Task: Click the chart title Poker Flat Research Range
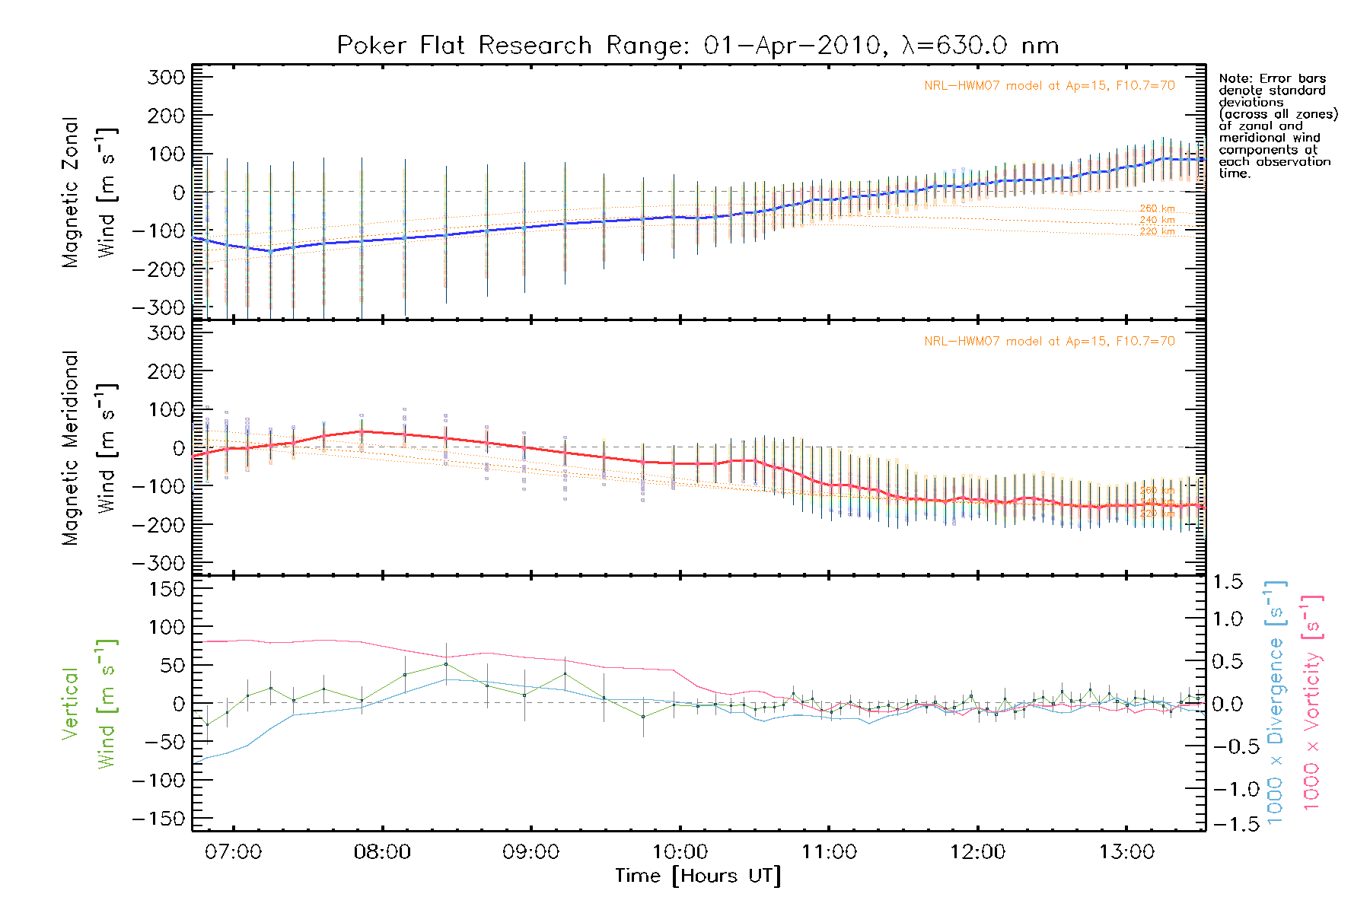tap(697, 46)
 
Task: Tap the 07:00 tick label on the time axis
tap(233, 852)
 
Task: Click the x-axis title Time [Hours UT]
tap(698, 876)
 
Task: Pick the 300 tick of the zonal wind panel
tap(166, 78)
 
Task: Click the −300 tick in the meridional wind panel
tap(158, 563)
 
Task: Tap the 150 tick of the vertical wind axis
tap(166, 589)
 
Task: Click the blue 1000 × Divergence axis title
tap(1275, 702)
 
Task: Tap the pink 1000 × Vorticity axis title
tap(1311, 702)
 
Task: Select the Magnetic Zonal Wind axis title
tap(89, 192)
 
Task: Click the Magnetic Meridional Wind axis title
tap(89, 448)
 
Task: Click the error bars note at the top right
tap(1277, 126)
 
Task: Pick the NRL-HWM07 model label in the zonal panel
tap(1049, 86)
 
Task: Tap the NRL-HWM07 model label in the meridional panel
tap(1049, 342)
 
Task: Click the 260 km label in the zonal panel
tap(1157, 208)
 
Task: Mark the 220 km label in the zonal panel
tap(1157, 231)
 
